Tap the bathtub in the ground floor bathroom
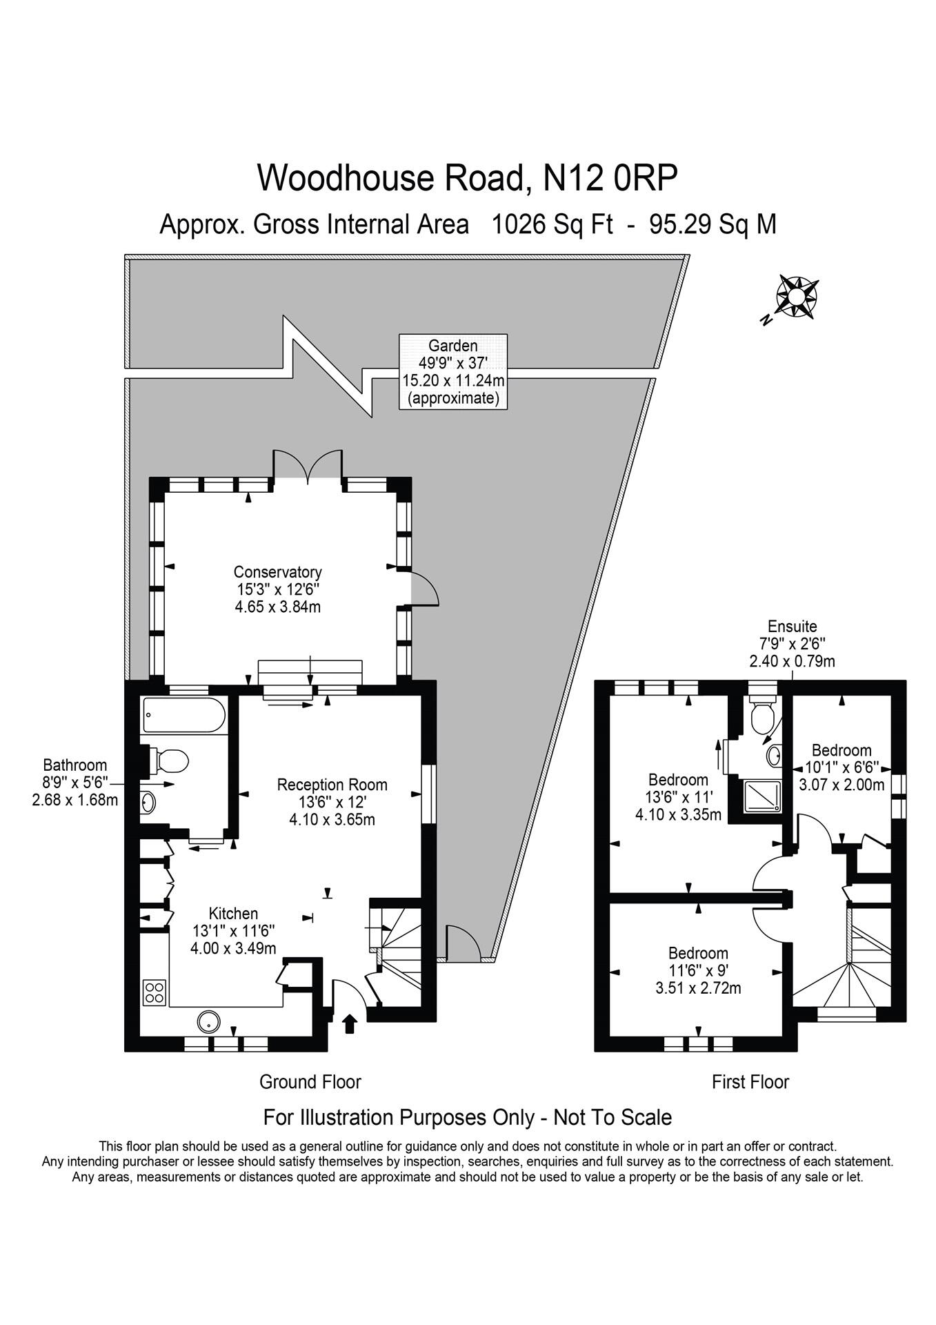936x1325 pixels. [x=184, y=716]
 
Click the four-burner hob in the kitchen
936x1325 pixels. [x=155, y=992]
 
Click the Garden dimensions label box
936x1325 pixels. [x=454, y=371]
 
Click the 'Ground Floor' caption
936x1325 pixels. [x=310, y=1081]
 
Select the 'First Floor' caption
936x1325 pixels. [x=750, y=1081]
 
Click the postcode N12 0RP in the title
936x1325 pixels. [x=610, y=177]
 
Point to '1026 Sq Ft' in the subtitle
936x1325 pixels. [x=552, y=224]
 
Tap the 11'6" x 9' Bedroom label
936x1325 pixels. [x=698, y=970]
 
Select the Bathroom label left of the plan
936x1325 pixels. [x=75, y=783]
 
